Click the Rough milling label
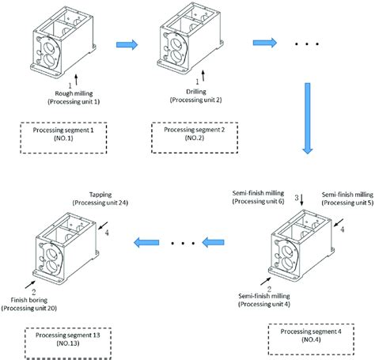pyautogui.click(x=70, y=92)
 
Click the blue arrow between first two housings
pyautogui.click(x=124, y=44)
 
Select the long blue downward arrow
pyautogui.click(x=307, y=119)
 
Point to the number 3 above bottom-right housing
pyautogui.click(x=296, y=195)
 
